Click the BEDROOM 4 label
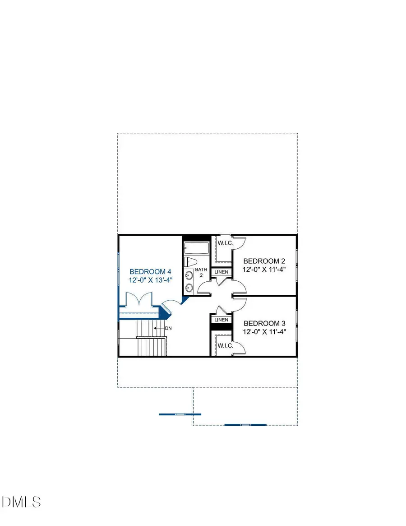(x=150, y=272)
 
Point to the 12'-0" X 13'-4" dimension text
(x=150, y=280)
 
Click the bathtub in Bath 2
(x=197, y=248)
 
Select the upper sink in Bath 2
(x=189, y=275)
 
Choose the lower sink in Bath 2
(x=189, y=287)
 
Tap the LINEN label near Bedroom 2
(x=221, y=272)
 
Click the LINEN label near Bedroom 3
(x=221, y=320)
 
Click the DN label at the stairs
(x=168, y=328)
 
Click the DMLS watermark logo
(x=21, y=502)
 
